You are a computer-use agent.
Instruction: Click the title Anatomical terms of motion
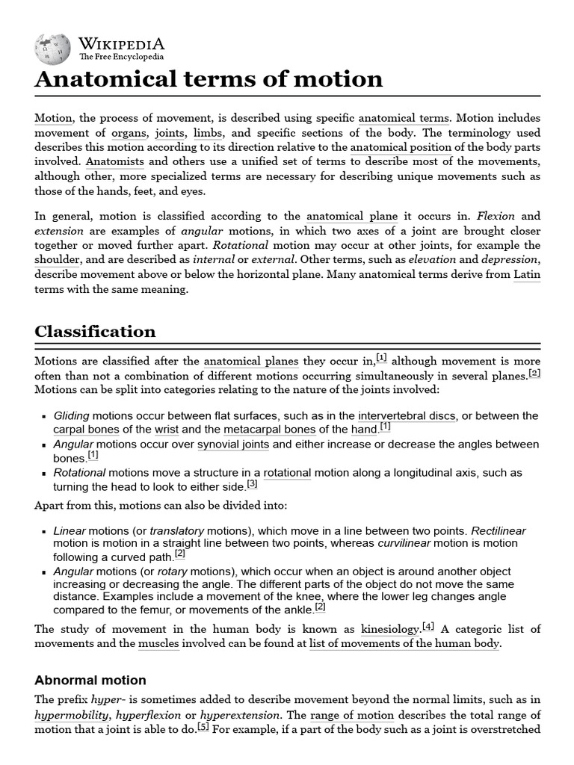pos(209,79)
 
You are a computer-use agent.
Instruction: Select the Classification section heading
pos(95,331)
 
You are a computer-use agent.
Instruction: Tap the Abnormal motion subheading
pos(90,680)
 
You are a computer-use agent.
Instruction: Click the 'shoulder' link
pos(57,259)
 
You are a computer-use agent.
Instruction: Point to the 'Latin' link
pos(527,274)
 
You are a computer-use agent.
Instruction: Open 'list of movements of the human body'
pos(404,643)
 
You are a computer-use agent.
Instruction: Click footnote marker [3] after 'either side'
pos(252,484)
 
